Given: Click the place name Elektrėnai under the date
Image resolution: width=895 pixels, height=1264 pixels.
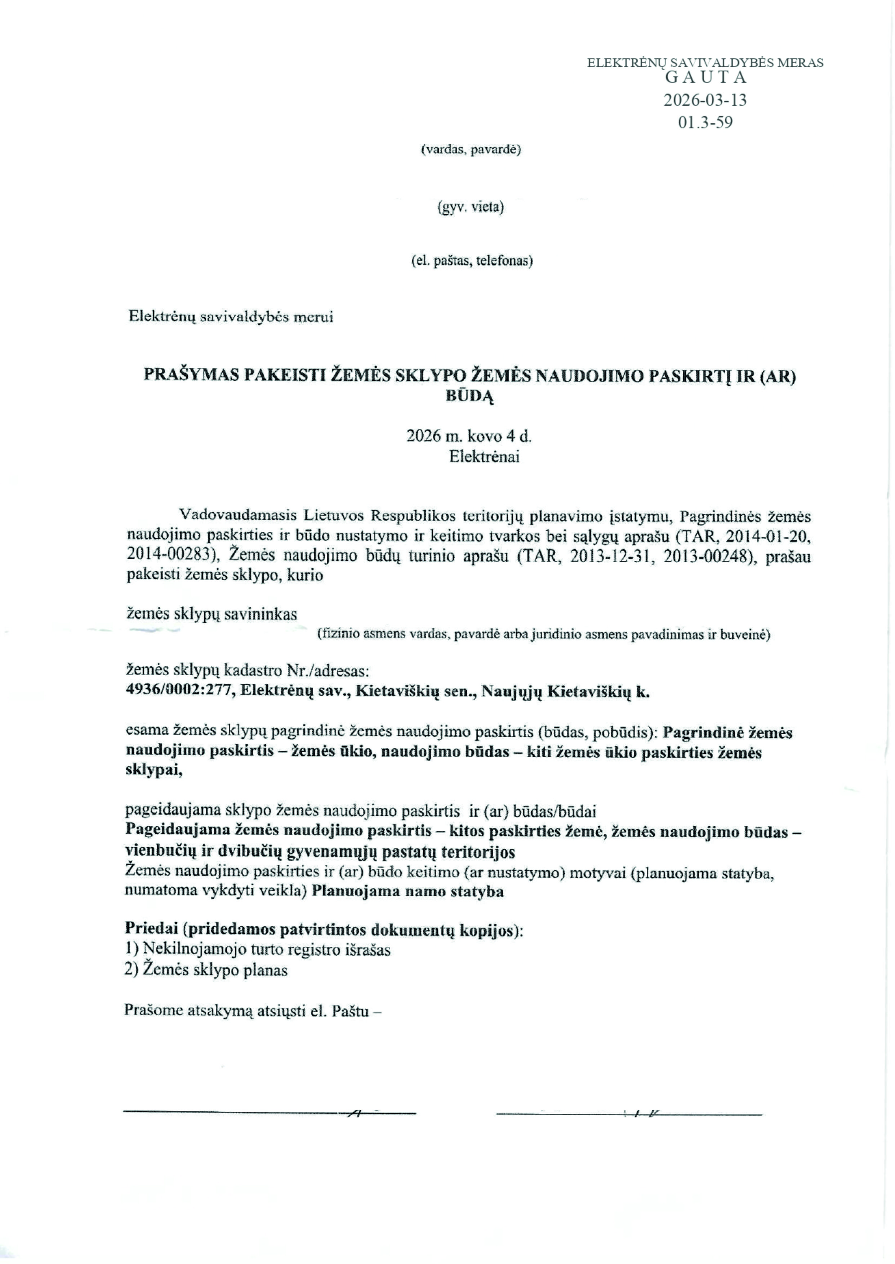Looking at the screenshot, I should coord(484,457).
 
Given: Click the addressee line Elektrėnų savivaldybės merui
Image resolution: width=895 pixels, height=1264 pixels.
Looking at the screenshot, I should coord(231,317).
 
